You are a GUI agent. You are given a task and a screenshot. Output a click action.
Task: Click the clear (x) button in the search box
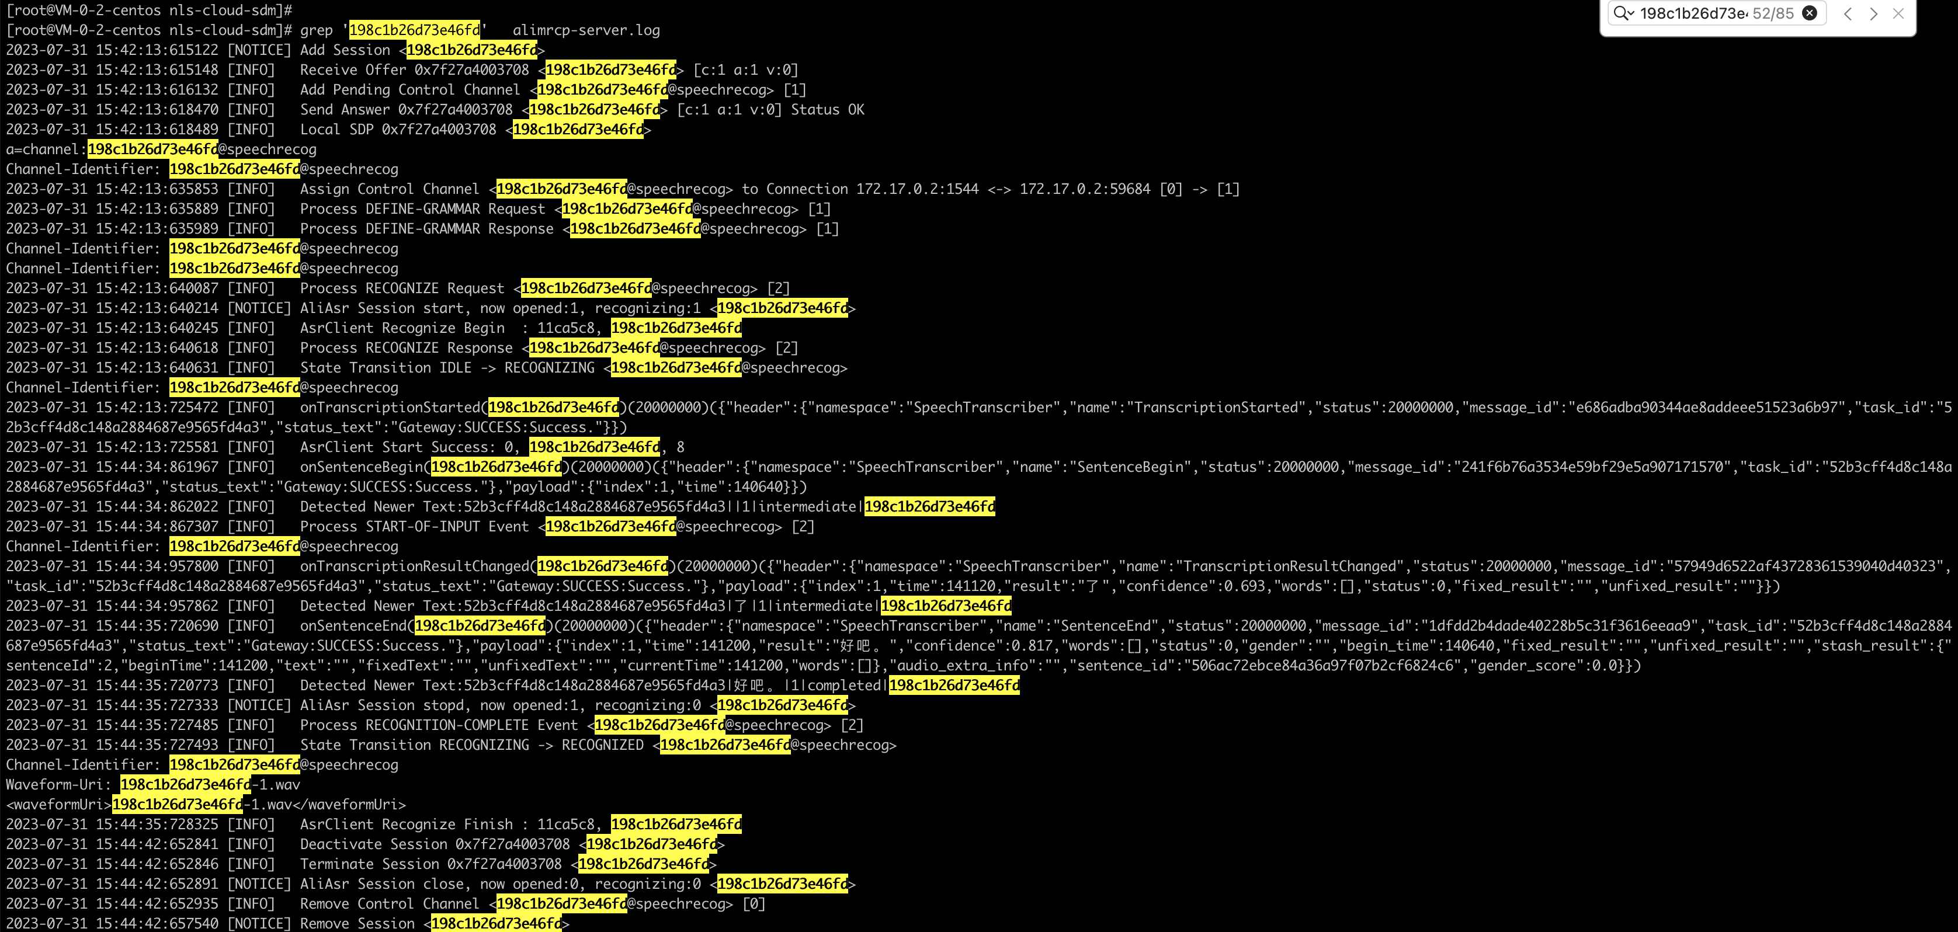1810,13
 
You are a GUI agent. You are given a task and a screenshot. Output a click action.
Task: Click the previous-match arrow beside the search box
1848,13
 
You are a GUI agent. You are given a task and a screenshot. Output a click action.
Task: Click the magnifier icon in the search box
1620,13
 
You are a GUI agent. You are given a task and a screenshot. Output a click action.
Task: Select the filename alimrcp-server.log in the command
586,30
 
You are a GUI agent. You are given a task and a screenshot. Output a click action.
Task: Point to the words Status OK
827,109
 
